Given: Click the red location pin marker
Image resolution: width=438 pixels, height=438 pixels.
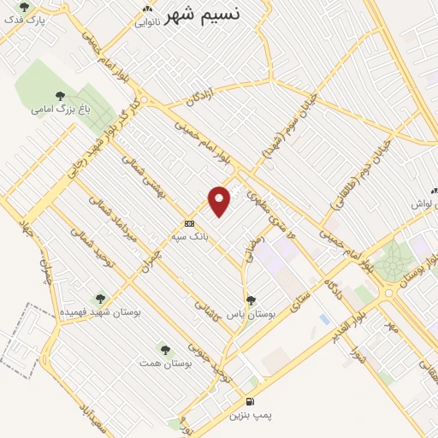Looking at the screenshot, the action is tap(220, 201).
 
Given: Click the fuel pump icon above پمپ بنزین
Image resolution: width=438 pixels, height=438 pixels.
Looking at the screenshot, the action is tap(249, 401).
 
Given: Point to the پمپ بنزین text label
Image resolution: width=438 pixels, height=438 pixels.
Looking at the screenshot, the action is tap(250, 415).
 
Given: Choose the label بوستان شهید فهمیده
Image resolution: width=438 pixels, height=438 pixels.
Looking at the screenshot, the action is tap(100, 312).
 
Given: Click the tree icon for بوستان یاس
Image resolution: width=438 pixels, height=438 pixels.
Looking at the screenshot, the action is tap(250, 300).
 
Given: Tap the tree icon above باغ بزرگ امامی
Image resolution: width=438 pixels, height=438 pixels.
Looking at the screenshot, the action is tap(59, 96).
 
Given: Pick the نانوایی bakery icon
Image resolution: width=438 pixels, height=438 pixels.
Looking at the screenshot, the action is tap(146, 10).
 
